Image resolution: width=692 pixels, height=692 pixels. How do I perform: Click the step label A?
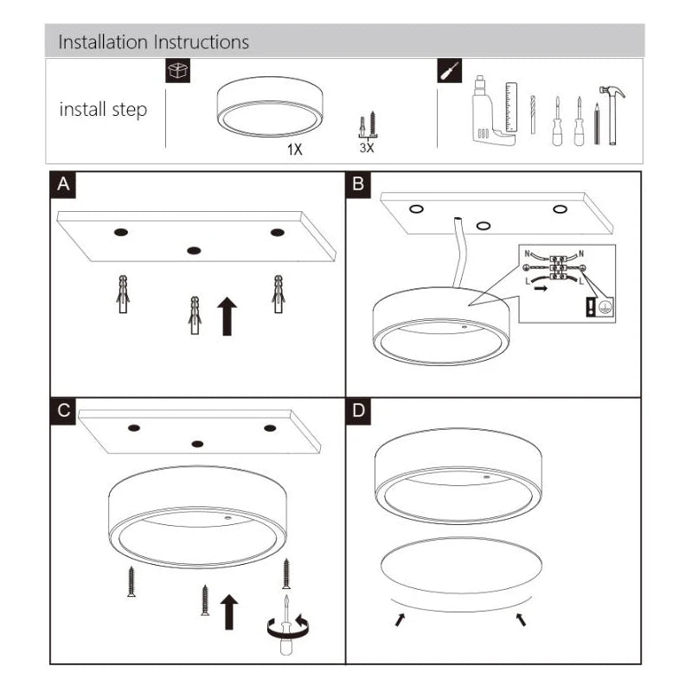(x=63, y=184)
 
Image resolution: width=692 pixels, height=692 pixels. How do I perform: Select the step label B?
(x=358, y=184)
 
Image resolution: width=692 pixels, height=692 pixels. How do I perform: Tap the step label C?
(x=63, y=411)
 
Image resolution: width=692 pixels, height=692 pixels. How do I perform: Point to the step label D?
(x=358, y=411)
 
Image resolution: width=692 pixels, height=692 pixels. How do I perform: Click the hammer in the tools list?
(x=612, y=115)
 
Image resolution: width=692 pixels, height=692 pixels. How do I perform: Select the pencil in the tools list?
(x=597, y=124)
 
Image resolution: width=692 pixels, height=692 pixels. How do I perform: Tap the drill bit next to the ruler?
(x=533, y=114)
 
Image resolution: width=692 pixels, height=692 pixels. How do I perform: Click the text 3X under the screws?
(x=367, y=148)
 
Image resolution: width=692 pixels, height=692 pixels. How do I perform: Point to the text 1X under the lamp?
(x=295, y=150)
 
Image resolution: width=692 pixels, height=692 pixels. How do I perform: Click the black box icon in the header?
(x=178, y=71)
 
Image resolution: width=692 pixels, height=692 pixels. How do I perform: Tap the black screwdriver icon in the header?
(x=449, y=71)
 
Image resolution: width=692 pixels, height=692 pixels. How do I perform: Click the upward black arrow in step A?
(x=227, y=316)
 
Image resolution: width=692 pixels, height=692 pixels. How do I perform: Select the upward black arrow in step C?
(x=229, y=612)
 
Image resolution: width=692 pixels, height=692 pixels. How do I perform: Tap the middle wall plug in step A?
(x=195, y=315)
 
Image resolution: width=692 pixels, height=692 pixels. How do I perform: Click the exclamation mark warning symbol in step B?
(x=591, y=307)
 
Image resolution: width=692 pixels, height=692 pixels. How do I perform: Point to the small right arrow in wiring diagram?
(x=541, y=289)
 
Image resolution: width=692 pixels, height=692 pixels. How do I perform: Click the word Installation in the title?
(x=103, y=42)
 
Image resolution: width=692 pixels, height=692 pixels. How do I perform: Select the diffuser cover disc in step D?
(x=461, y=565)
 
